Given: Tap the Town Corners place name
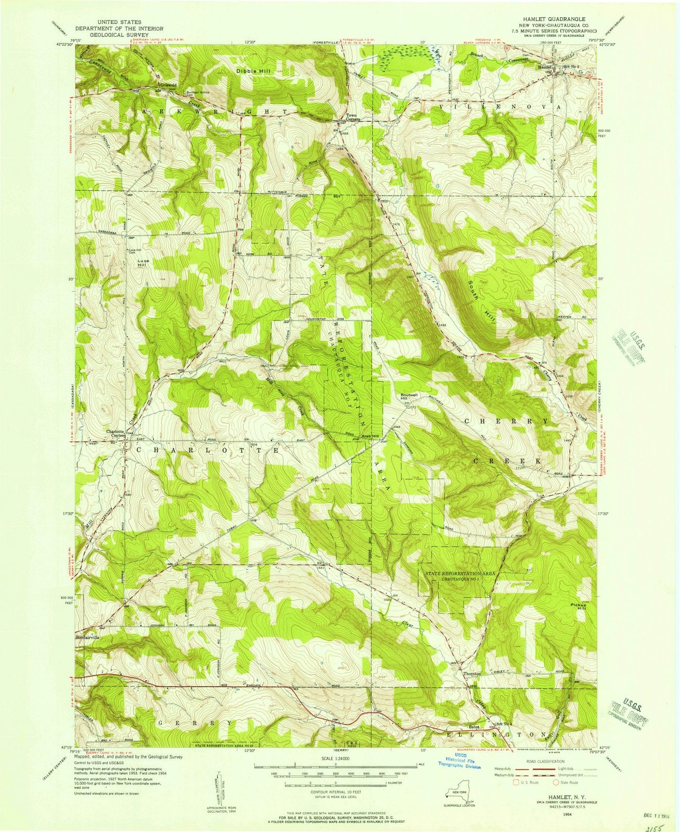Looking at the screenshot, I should click(347, 117).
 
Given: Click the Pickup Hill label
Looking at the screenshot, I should click(578, 607).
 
